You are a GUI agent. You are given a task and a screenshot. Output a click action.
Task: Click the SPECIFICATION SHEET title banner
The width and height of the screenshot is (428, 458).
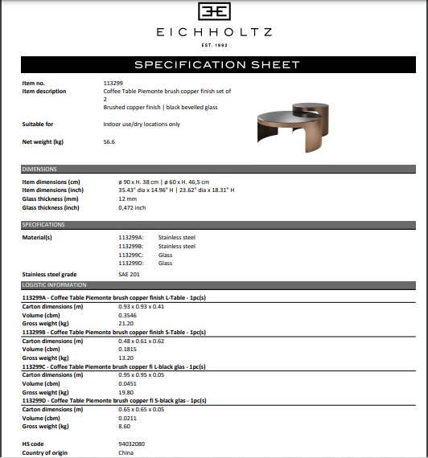pos(214,64)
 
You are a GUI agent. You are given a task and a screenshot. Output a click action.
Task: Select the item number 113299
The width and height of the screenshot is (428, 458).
pos(113,84)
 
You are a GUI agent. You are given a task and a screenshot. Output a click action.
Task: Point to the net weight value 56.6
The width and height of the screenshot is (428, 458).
pos(109,141)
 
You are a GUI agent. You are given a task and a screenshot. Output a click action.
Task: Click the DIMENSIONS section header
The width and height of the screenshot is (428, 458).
pos(40,170)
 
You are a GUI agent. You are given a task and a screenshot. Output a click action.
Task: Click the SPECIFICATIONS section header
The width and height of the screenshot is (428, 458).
pos(44,225)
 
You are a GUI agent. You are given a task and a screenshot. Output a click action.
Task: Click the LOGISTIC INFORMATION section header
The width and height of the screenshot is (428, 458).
pos(54,284)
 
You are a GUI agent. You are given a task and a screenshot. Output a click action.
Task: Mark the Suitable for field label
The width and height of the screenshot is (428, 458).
pos(38,125)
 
